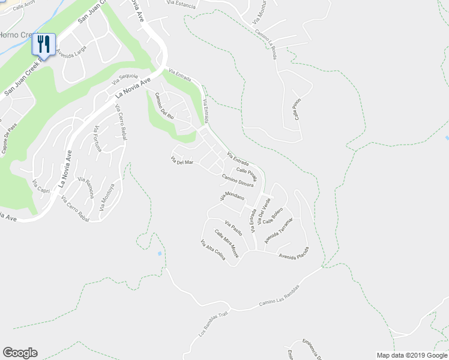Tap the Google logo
[x=20, y=353]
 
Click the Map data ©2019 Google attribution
[x=412, y=355]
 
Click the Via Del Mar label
[x=182, y=161]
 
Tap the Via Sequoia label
[x=124, y=77]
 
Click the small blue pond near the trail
[x=159, y=253]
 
